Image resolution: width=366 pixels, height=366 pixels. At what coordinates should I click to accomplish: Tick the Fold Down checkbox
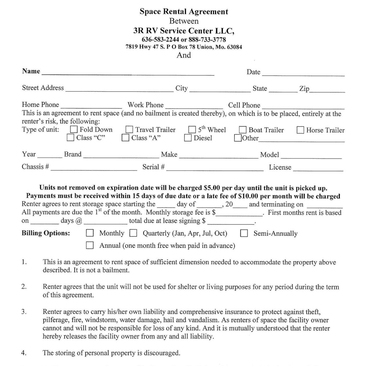(74, 130)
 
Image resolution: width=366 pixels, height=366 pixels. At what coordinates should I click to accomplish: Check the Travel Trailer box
(129, 130)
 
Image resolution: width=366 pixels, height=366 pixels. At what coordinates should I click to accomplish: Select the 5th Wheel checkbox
(192, 130)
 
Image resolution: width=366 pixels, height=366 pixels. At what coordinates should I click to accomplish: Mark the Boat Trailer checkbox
(243, 130)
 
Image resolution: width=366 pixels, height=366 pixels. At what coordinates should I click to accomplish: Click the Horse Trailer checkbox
(300, 130)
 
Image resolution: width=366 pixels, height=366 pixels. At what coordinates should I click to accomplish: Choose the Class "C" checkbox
(70, 138)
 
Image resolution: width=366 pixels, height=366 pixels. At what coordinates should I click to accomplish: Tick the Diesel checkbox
(188, 138)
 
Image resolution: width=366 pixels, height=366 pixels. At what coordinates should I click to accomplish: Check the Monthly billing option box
(90, 233)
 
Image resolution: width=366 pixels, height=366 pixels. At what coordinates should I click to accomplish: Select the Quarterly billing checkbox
(133, 233)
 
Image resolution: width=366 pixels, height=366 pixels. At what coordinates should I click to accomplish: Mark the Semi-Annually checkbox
(244, 233)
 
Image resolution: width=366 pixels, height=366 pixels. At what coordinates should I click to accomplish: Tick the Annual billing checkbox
(90, 245)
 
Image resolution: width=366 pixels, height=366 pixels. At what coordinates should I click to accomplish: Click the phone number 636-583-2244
(160, 39)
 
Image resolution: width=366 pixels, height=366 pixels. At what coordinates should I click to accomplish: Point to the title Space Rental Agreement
(184, 12)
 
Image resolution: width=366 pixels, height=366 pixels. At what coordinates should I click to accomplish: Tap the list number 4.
(24, 353)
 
